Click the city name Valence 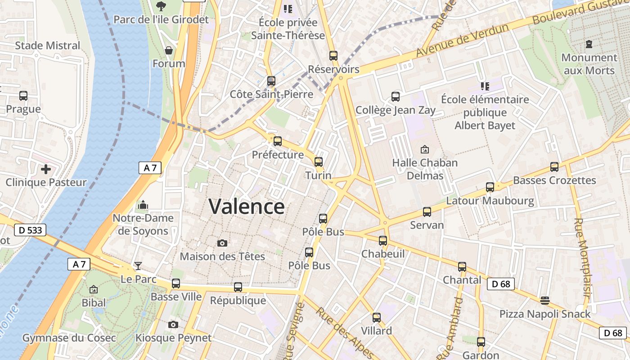[x=247, y=207]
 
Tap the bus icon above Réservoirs [x=333, y=56]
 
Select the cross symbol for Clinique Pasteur [x=45, y=169]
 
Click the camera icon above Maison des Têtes [x=222, y=243]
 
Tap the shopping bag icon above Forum [x=169, y=50]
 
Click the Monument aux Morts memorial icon [x=589, y=44]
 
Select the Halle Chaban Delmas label [x=425, y=169]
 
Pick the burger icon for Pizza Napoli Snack [x=545, y=300]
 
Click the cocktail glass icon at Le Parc [x=138, y=265]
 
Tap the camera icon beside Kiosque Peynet [x=173, y=324]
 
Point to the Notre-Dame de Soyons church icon [x=143, y=205]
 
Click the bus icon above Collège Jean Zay [x=396, y=96]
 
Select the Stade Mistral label [x=48, y=45]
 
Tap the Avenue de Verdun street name [x=462, y=40]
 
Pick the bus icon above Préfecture [x=278, y=141]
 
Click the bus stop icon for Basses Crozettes [x=554, y=167]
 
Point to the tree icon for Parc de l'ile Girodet [x=161, y=6]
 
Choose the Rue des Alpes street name [x=344, y=333]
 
